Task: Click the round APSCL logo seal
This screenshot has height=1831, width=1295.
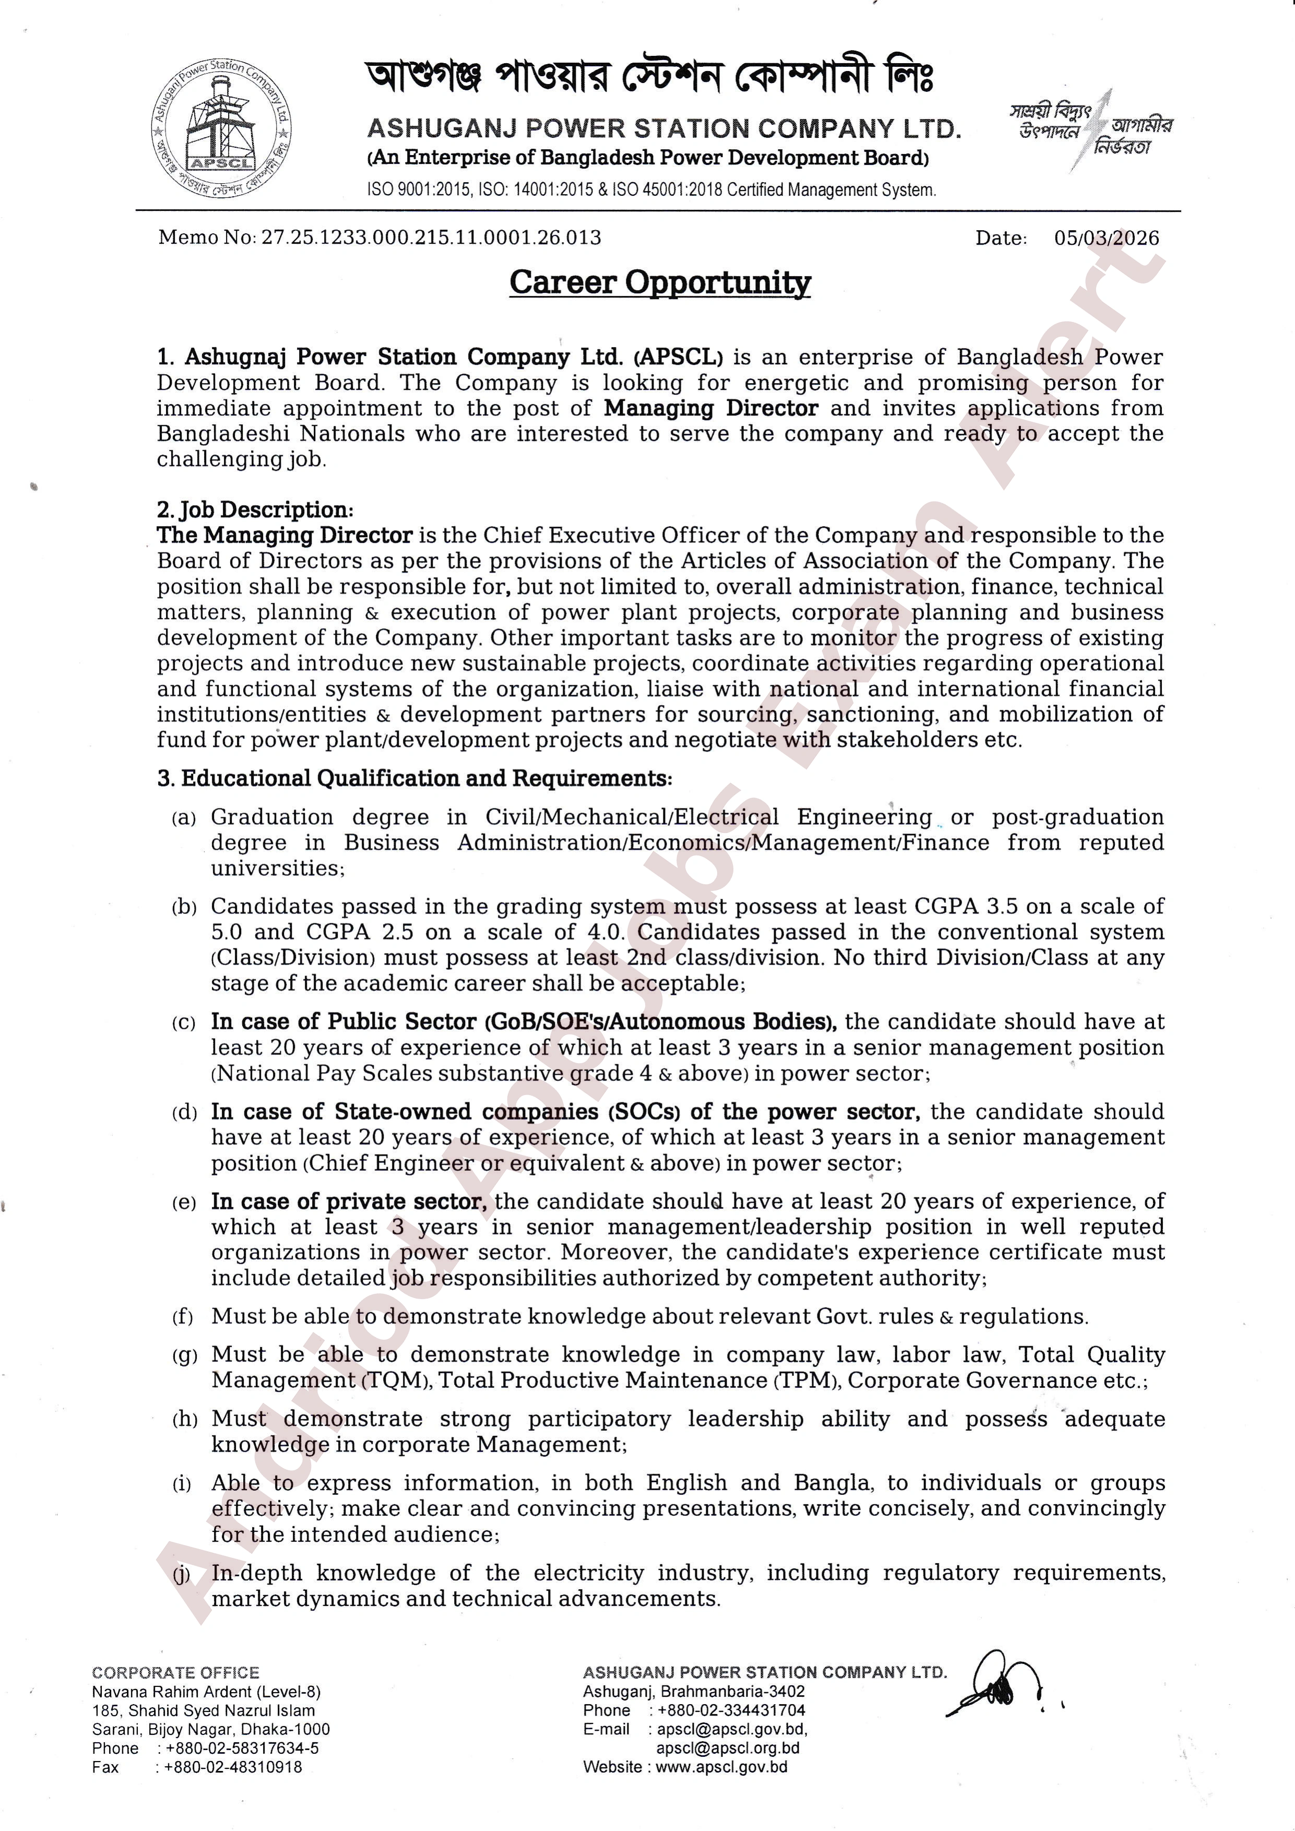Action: click(222, 129)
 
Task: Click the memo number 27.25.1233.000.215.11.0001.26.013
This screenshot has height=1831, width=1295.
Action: click(431, 237)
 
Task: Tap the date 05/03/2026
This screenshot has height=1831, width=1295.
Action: click(1106, 237)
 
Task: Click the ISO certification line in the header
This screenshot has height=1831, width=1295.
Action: click(651, 191)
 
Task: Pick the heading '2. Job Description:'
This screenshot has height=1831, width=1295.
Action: click(255, 509)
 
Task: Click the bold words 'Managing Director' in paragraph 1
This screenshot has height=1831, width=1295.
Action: click(710, 408)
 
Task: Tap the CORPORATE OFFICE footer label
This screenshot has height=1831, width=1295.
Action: click(175, 1673)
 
